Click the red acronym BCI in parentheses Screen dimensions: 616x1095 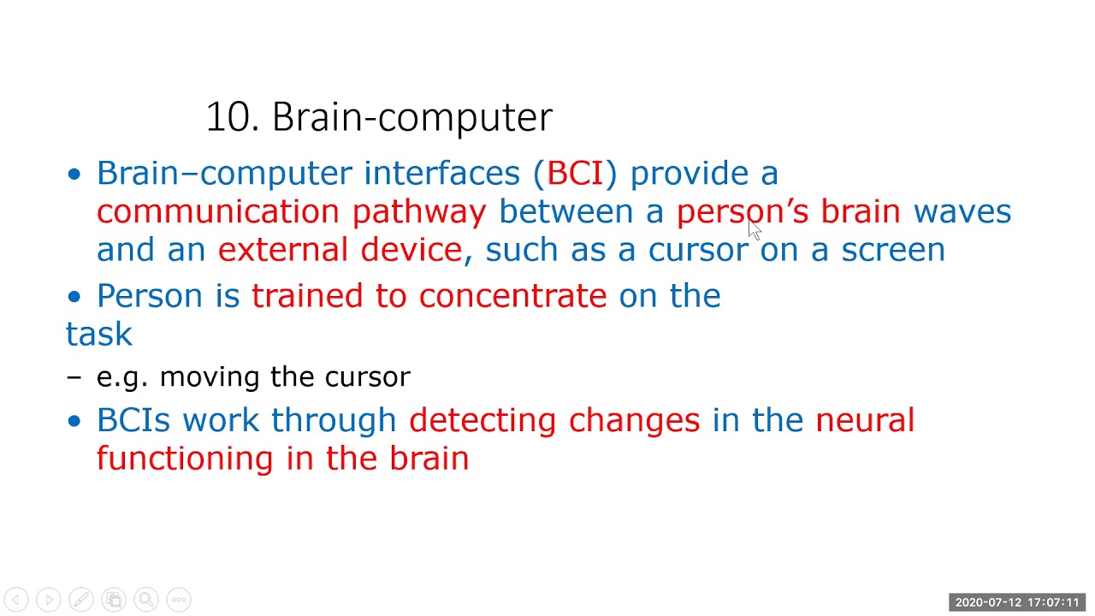(574, 173)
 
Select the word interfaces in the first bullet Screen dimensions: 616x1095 (441, 173)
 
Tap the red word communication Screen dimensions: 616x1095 (217, 211)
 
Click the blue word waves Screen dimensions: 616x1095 (962, 211)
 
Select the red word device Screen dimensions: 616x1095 (411, 250)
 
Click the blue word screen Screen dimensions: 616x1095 (892, 250)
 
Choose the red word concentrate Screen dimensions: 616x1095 (512, 296)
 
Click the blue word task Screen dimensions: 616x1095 (99, 334)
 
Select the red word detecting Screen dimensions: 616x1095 (482, 420)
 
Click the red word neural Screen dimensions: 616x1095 (864, 420)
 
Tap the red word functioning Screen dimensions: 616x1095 (184, 459)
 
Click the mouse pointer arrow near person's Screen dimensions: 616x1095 (754, 229)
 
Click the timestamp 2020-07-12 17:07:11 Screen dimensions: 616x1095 (1016, 602)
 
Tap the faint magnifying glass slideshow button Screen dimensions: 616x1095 (145, 600)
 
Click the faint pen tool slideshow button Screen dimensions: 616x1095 (81, 600)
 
